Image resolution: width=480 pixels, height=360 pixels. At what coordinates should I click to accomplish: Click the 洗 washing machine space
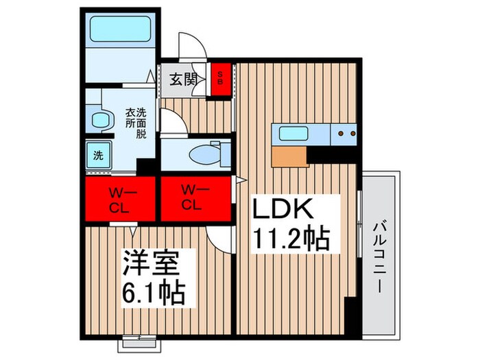98,154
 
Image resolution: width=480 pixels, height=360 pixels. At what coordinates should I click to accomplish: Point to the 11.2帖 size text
293,239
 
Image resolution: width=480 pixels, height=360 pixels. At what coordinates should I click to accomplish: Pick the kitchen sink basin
292,133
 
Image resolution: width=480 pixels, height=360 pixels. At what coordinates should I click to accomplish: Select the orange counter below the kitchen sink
287,156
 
